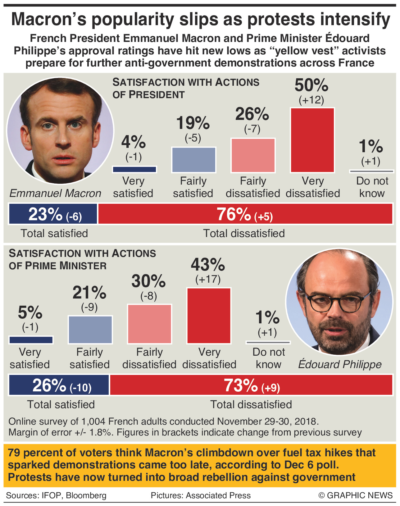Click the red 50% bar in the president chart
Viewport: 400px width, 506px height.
(312, 140)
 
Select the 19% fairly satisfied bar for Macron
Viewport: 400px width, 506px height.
(193, 160)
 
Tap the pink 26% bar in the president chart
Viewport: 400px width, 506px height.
(253, 155)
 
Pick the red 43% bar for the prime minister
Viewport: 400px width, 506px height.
(209, 315)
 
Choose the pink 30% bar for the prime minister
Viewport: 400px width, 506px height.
(149, 324)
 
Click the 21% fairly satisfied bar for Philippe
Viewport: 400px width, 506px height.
(90, 329)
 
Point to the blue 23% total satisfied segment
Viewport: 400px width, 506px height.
(53, 214)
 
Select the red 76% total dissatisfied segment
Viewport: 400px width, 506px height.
(245, 214)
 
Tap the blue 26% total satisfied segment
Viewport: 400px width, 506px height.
(59, 385)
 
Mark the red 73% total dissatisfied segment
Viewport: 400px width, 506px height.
(251, 385)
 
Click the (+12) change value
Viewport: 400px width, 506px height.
(311, 100)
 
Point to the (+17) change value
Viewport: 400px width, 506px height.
(208, 279)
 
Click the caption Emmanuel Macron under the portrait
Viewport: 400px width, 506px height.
(55, 193)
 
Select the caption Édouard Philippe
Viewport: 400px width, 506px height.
(340, 364)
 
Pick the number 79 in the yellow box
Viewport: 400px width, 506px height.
(14, 453)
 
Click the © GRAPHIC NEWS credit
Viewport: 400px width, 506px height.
(356, 495)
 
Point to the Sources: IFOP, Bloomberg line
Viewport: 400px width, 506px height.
(56, 495)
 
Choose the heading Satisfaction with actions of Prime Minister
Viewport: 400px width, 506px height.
(82, 259)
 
